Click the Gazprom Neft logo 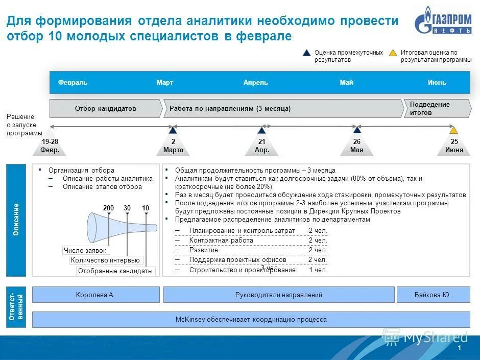tap(442, 23)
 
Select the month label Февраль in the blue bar tap(73, 83)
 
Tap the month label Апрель tap(255, 83)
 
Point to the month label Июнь tap(437, 83)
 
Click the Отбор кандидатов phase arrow tap(106, 109)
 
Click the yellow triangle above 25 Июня tap(453, 130)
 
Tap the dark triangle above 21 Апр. tap(262, 130)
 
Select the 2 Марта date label tap(173, 146)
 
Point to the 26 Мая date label tap(357, 146)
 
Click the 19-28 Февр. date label tap(50, 146)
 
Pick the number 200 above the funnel tap(108, 208)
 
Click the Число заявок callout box tap(85, 250)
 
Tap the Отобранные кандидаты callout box tap(115, 271)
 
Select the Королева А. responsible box tap(95, 295)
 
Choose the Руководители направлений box tap(278, 295)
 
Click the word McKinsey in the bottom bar tap(190, 320)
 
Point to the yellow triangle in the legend tap(393, 53)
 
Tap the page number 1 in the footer tap(460, 348)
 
